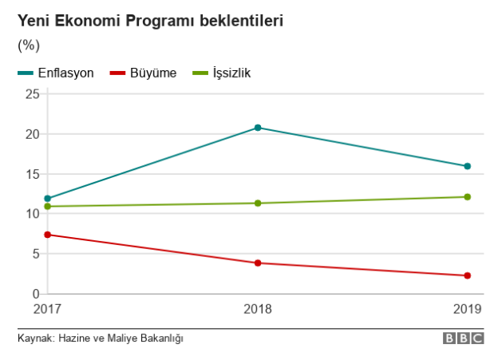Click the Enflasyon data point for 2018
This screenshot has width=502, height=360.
click(258, 128)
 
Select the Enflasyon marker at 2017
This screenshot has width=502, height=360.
click(48, 198)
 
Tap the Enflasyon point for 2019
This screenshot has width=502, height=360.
click(468, 166)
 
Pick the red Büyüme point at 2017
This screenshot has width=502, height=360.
click(48, 235)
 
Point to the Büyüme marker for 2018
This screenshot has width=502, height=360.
click(258, 263)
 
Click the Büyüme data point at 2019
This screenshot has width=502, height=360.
click(468, 275)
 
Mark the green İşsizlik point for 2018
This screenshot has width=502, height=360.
click(258, 203)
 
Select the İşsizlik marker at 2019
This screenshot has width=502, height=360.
click(468, 196)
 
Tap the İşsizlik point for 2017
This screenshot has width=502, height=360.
click(48, 206)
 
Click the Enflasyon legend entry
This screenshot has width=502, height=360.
click(65, 73)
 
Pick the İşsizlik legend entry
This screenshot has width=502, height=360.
click(231, 73)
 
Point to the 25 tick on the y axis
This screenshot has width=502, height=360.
click(33, 94)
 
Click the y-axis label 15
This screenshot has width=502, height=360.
click(33, 174)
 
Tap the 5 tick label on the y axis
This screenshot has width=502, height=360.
click(36, 254)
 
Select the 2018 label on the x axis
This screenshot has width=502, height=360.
click(258, 308)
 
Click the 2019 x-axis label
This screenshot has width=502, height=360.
click(467, 308)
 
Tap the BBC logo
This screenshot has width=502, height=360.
click(464, 338)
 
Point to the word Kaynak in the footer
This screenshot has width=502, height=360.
click(34, 338)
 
